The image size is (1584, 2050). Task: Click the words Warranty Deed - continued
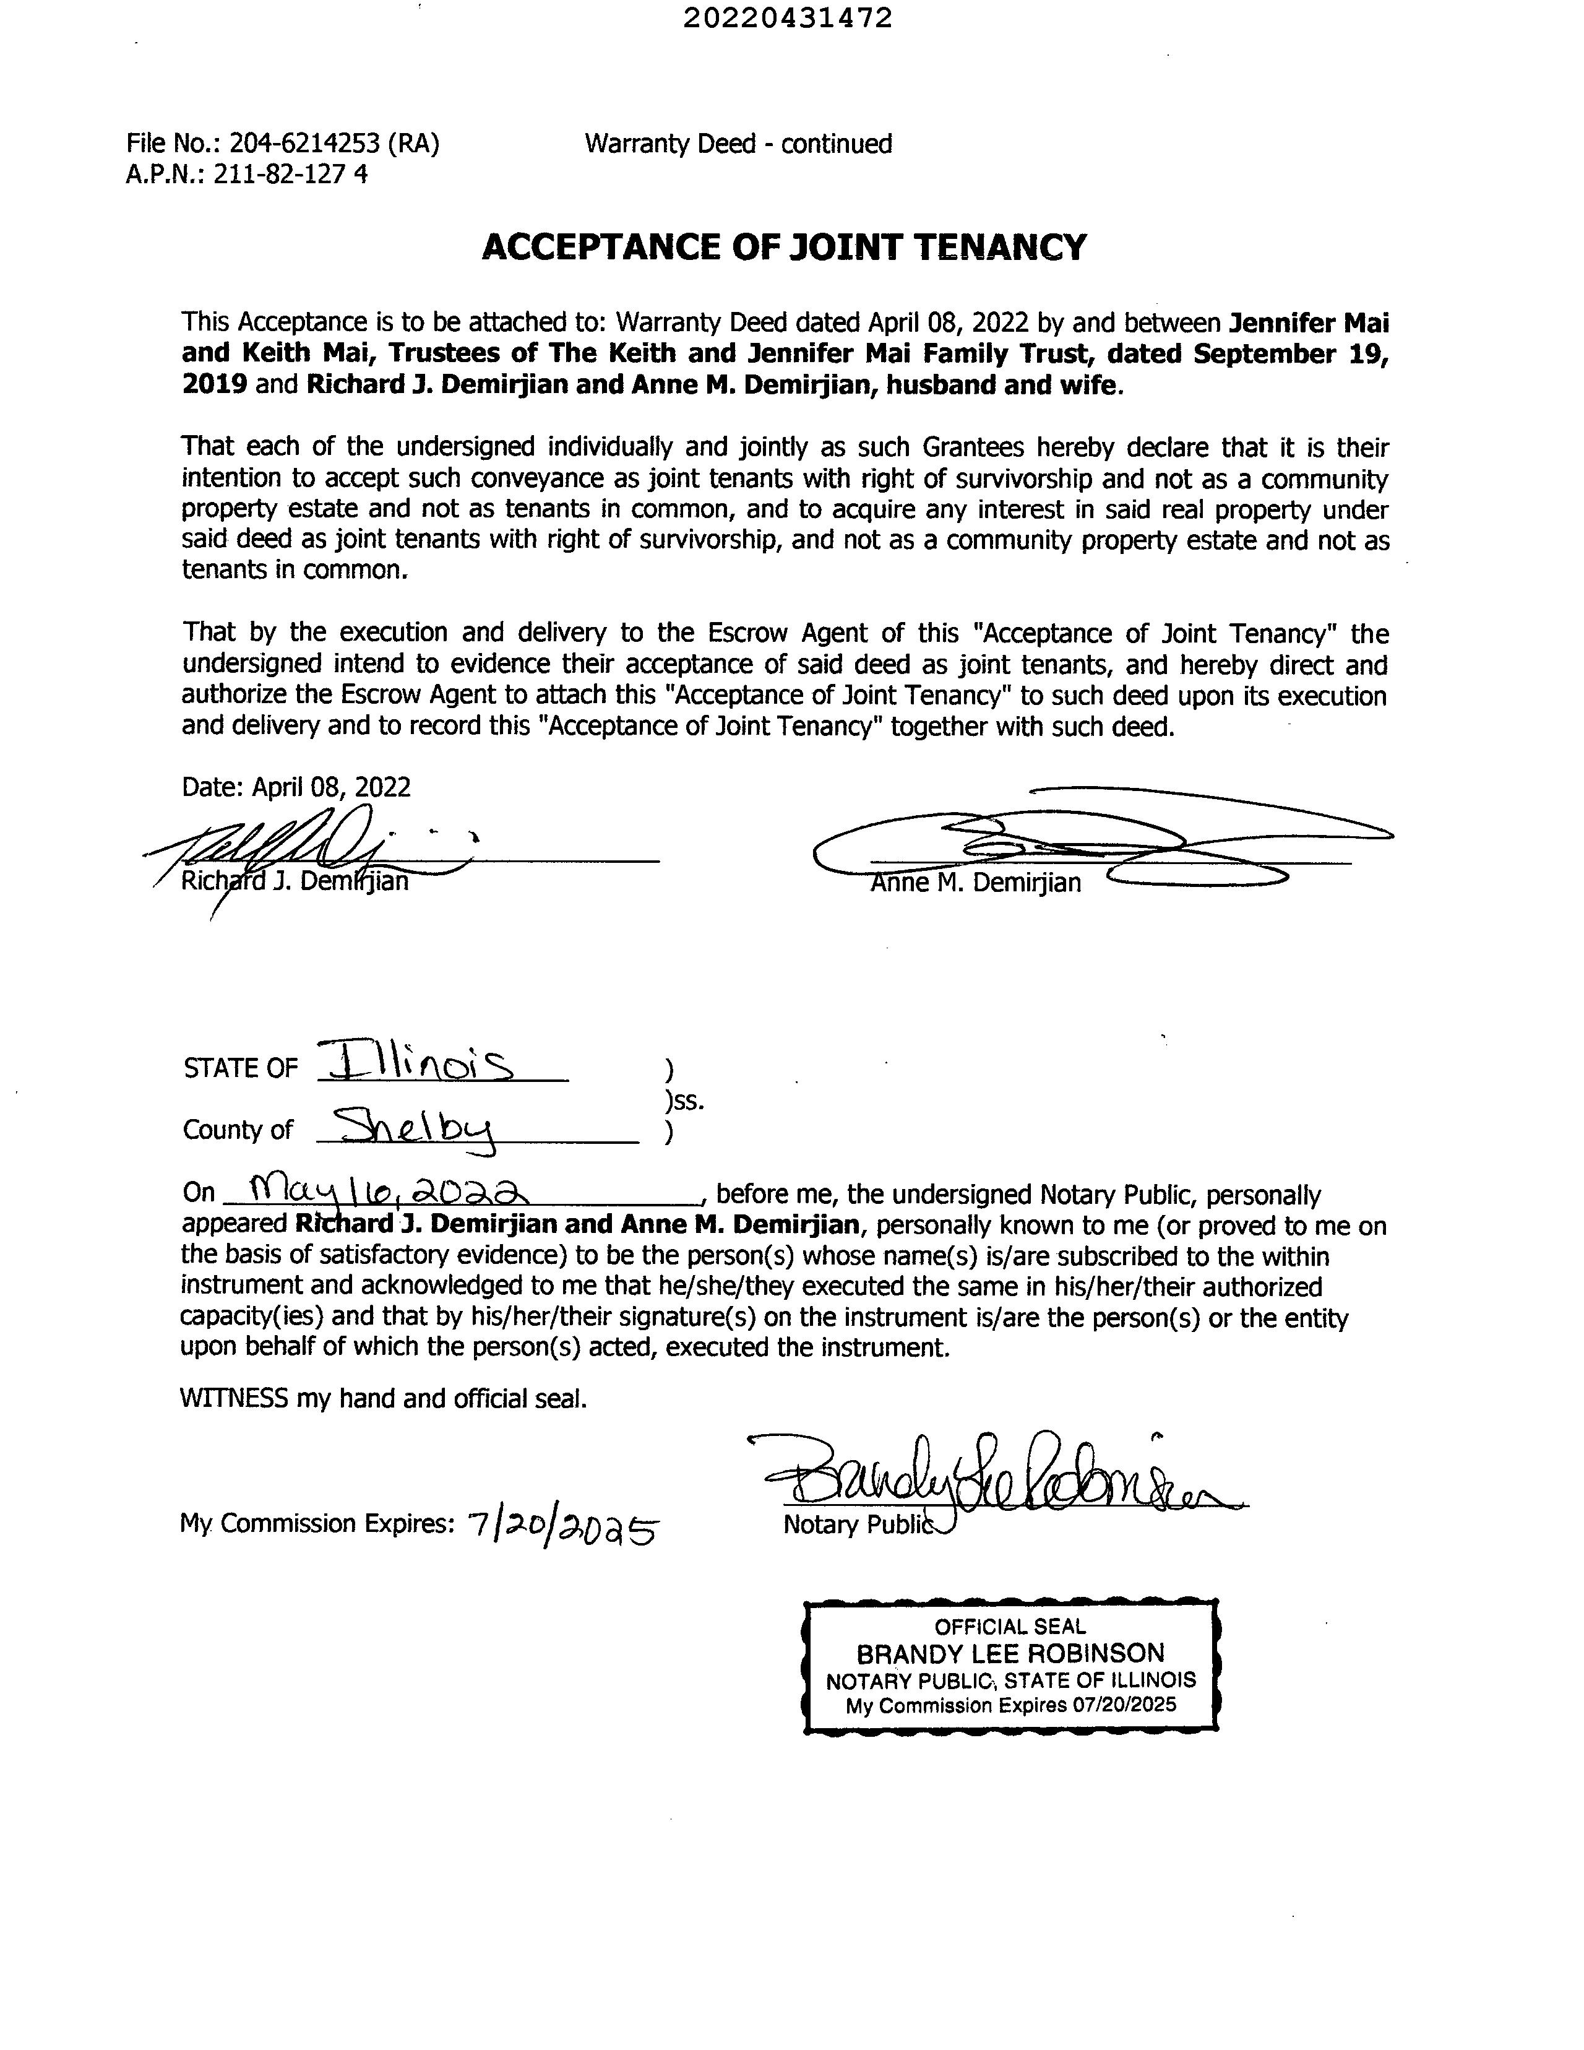coord(738,144)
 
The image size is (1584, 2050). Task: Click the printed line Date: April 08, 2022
coord(296,787)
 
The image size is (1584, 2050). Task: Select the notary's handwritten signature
coord(995,1473)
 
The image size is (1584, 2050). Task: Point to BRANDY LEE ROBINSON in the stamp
coord(1010,1653)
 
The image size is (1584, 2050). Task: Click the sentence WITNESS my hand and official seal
coord(384,1399)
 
